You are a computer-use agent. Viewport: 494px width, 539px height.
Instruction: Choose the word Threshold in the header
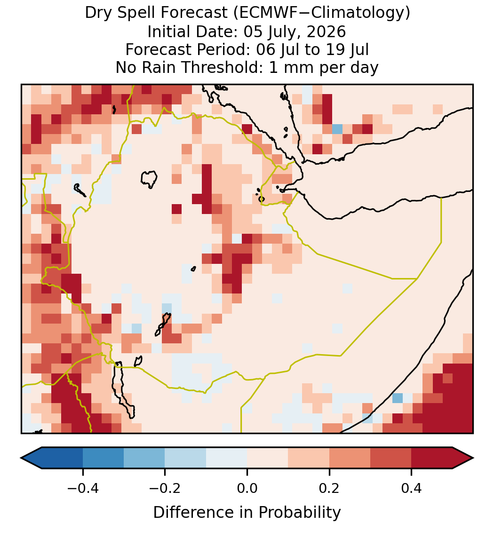(223, 67)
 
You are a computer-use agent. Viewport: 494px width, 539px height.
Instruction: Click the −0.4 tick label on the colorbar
(83, 488)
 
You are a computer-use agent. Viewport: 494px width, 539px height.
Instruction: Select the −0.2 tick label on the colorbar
(165, 488)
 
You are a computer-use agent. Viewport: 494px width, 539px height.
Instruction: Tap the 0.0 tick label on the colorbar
(247, 488)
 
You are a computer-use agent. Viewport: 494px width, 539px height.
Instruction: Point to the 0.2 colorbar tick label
(329, 488)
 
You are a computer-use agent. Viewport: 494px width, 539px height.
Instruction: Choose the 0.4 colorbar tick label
(412, 488)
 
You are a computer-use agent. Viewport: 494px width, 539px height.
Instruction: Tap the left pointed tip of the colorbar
(21, 458)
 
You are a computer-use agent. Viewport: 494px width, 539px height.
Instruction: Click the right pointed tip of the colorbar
(473, 458)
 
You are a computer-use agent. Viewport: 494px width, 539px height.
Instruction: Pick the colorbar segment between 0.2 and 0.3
(350, 458)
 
